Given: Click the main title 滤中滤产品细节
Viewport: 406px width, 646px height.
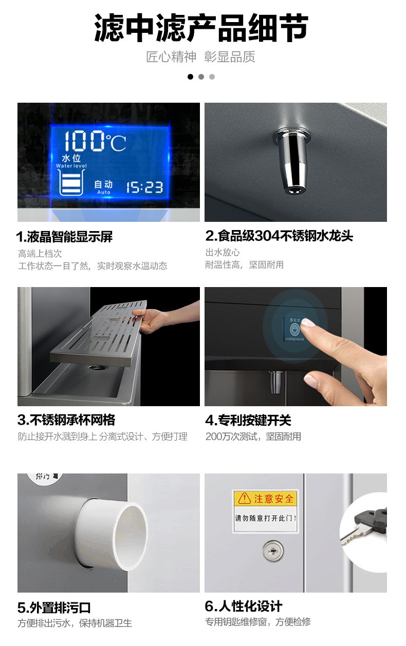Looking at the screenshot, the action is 201,28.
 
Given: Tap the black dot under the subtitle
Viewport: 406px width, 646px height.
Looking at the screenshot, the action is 190,77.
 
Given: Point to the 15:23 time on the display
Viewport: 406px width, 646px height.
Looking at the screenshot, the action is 144,187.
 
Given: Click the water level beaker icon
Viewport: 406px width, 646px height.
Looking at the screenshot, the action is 71,182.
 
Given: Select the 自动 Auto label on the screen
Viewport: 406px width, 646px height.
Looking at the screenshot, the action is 104,187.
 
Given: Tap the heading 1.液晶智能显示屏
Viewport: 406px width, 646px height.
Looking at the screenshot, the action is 64,237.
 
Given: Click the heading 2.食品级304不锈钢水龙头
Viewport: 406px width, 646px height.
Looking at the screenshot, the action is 279,236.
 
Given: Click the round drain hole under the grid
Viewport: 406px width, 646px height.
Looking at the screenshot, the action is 98,367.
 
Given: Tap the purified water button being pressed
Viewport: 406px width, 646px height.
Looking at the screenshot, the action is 294,329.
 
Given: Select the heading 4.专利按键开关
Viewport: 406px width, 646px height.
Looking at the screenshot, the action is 248,420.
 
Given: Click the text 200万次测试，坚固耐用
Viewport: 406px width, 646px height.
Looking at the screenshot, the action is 253,436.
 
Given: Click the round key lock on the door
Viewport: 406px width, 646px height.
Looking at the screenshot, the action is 273,552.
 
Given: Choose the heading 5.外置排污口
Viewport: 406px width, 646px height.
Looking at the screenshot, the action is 54,605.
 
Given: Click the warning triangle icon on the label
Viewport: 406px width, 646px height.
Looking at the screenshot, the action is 245,498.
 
